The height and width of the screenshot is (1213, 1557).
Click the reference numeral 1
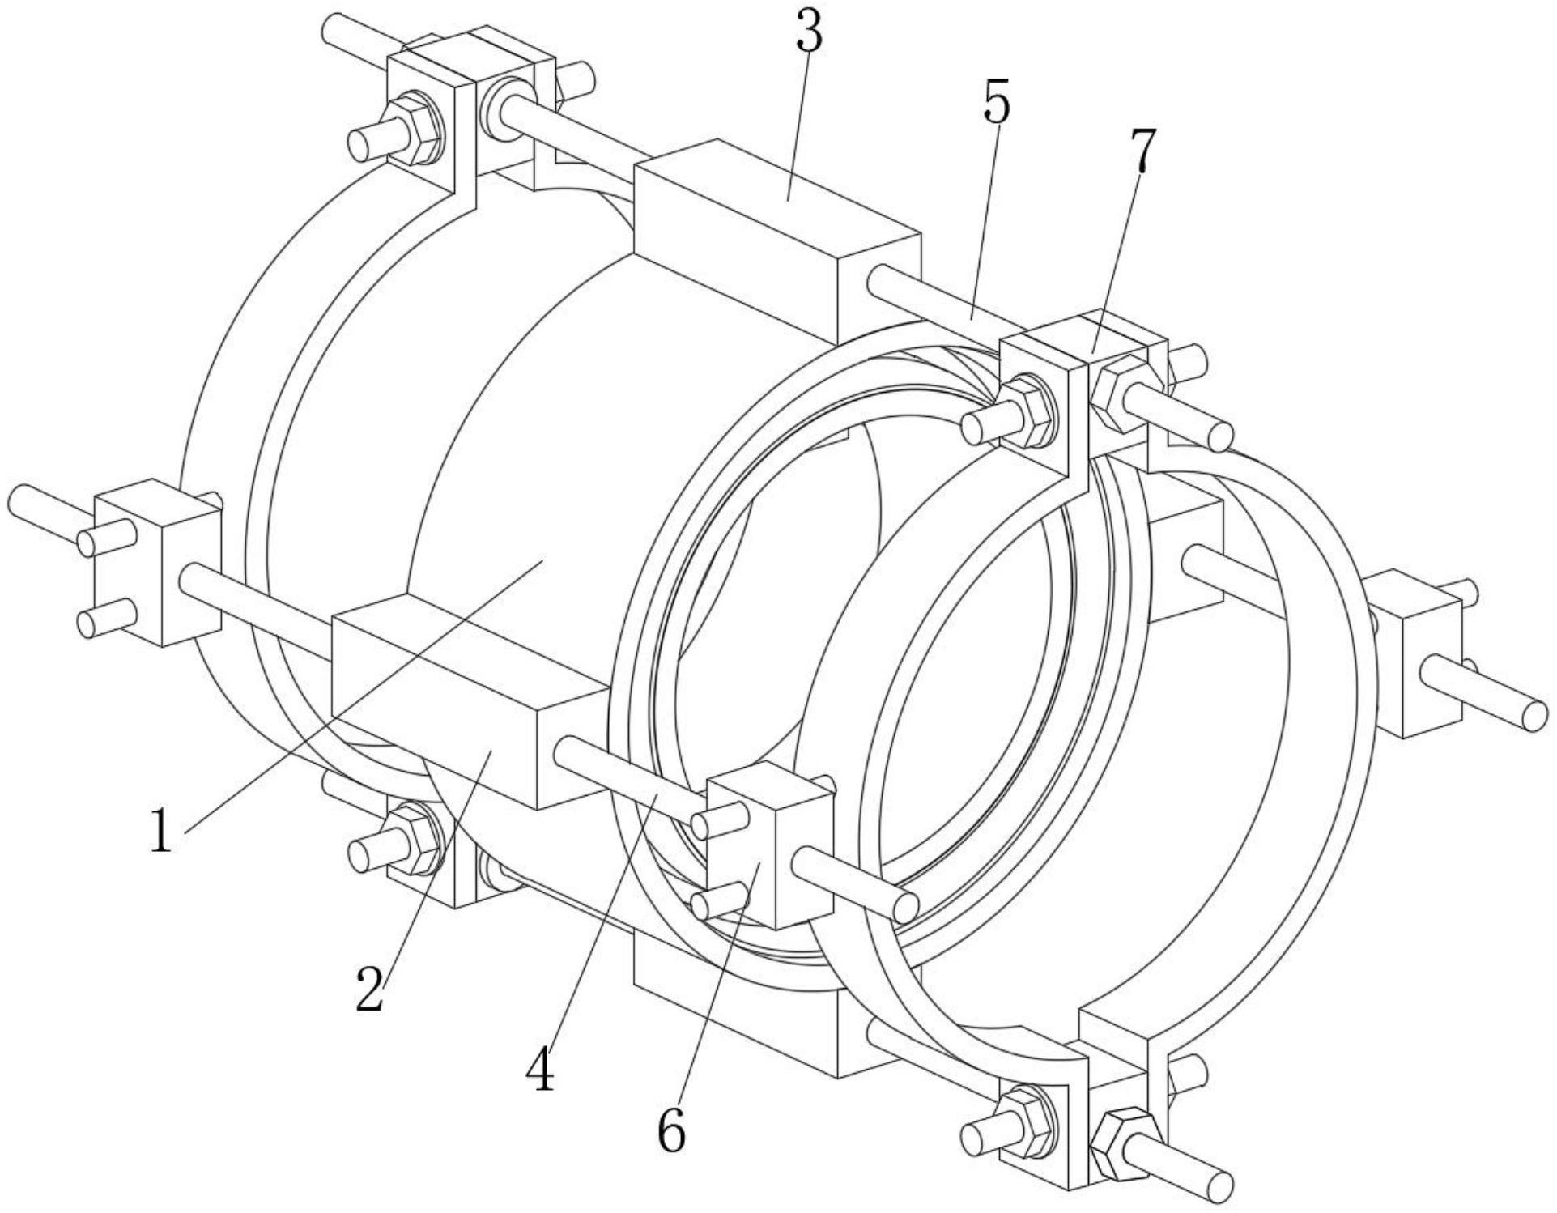[162, 832]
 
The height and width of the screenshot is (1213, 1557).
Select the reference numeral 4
[540, 1070]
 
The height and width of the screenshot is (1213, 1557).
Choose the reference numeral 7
[1141, 151]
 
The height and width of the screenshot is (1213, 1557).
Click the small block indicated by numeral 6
[769, 850]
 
